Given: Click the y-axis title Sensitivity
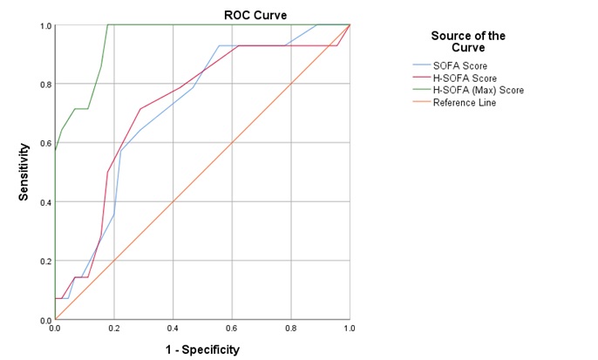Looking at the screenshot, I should point(25,173).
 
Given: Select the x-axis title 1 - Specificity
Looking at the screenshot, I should point(202,350).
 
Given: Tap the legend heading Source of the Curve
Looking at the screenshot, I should point(467,42).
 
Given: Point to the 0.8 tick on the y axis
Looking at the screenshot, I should point(44,85).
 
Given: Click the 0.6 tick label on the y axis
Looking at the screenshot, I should point(44,144).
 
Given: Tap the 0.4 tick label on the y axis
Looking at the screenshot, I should point(44,202).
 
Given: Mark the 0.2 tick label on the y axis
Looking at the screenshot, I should point(44,262).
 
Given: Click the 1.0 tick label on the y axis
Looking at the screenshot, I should point(44,26).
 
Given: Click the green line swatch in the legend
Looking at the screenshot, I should point(425,89).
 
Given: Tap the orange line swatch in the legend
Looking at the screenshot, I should point(425,102).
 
